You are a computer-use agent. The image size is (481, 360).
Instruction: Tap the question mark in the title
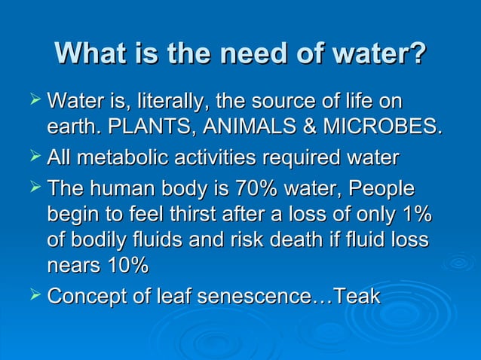pyautogui.click(x=417, y=54)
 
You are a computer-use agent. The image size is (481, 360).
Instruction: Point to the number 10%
pyautogui.click(x=128, y=265)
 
